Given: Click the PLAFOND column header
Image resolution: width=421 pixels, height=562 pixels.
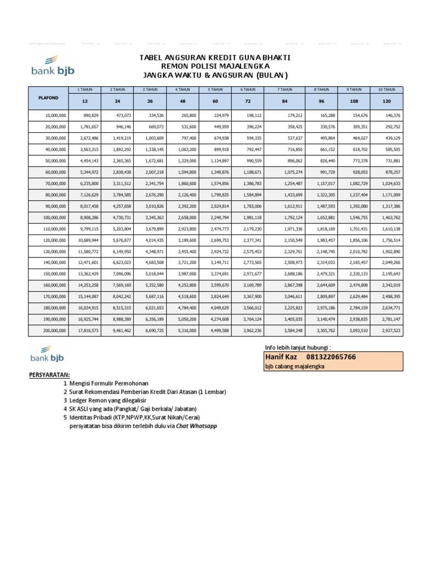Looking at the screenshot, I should (47, 97).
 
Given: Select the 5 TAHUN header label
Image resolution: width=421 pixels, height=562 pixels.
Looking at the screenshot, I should (215, 89).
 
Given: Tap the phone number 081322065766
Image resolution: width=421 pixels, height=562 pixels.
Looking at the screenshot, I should (334, 357).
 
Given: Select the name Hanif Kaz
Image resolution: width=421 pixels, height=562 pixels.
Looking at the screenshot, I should (281, 357).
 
